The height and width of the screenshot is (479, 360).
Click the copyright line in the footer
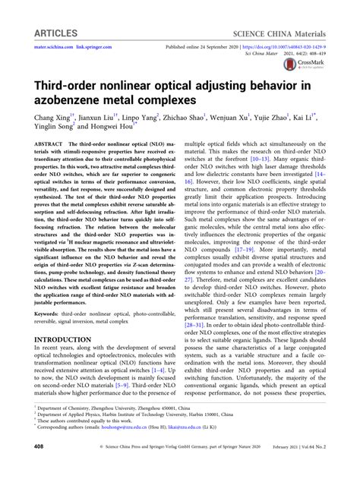click(x=180, y=468)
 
